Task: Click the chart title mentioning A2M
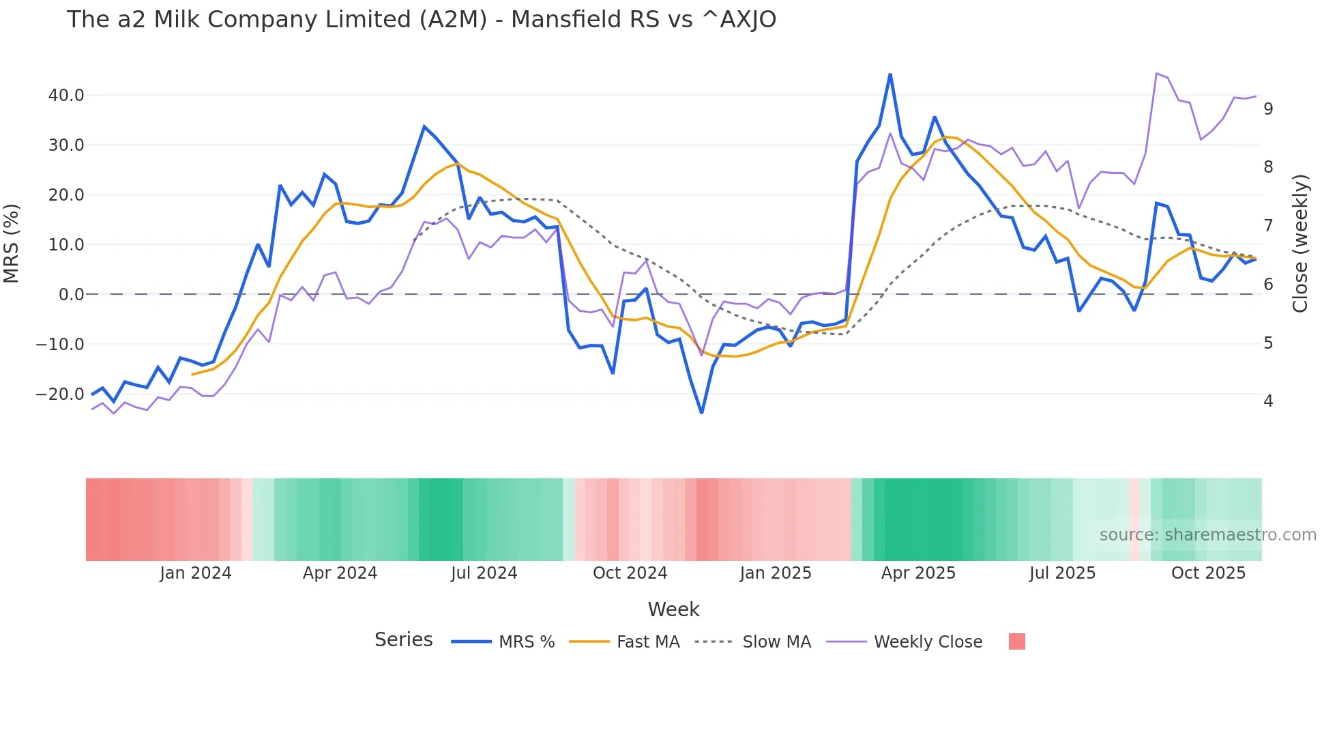pyautogui.click(x=421, y=20)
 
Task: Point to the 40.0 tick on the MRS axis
pyautogui.click(x=66, y=96)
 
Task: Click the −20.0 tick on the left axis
pyautogui.click(x=60, y=394)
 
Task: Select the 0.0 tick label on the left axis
pyautogui.click(x=71, y=295)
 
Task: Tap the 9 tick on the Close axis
pyautogui.click(x=1268, y=109)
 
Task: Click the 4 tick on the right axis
pyautogui.click(x=1268, y=401)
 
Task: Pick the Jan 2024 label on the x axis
pyautogui.click(x=196, y=573)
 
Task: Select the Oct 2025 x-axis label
pyautogui.click(x=1208, y=573)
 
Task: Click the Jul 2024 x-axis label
pyautogui.click(x=484, y=573)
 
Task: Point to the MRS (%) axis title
pyautogui.click(x=12, y=244)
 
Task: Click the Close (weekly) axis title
pyautogui.click(x=1300, y=244)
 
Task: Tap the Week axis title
pyautogui.click(x=673, y=609)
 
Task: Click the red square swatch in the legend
pyautogui.click(x=1016, y=641)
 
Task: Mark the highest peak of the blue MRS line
pyautogui.click(x=890, y=74)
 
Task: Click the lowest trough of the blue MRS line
pyautogui.click(x=701, y=412)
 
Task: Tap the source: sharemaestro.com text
pyautogui.click(x=1207, y=535)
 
